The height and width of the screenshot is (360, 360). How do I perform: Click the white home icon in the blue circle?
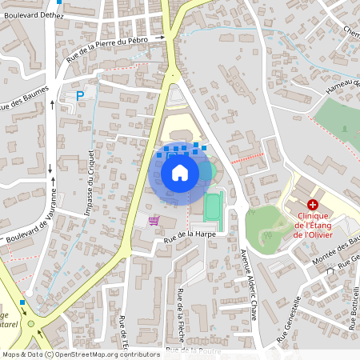pos(179,172)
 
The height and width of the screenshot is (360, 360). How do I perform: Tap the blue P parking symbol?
pos(79,96)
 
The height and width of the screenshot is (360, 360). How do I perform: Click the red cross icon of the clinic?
pos(312,205)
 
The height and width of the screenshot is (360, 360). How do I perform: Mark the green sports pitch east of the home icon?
pos(212,207)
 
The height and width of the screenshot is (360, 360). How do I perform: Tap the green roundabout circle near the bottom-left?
pos(31,323)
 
